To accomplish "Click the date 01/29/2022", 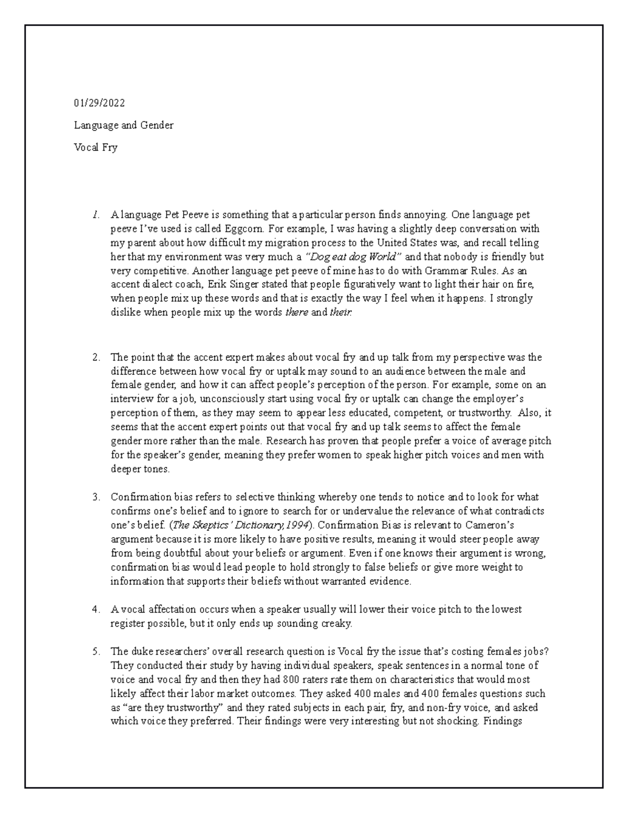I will point(99,103).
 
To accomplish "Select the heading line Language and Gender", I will point(124,125).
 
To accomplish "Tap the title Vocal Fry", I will point(96,148).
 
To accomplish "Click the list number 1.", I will point(95,215).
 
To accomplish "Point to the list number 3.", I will point(95,497).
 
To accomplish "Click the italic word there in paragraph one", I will point(296,313).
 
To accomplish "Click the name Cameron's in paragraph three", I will point(502,525).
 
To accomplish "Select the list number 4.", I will point(95,609).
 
